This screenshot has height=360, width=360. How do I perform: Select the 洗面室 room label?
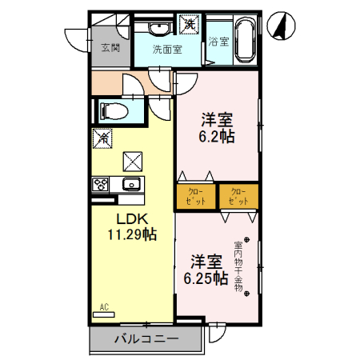[167, 49]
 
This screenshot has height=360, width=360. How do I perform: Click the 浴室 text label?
[218, 42]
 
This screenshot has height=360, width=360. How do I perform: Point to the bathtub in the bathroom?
[245, 41]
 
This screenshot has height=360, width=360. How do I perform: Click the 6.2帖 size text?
[217, 136]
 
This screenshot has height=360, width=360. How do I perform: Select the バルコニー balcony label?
[145, 339]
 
